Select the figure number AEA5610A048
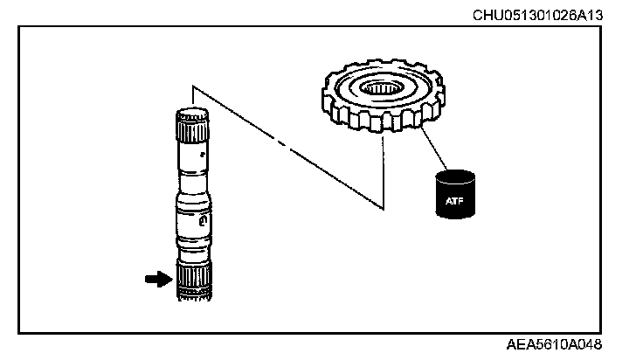coord(555,346)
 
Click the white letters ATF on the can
coord(456,202)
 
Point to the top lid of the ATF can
coord(456,174)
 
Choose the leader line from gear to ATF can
coord(430,146)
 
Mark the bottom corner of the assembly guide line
coord(383,208)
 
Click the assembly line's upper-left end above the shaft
coord(192,86)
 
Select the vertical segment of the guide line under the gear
coord(383,175)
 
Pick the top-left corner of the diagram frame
coord(18,25)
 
